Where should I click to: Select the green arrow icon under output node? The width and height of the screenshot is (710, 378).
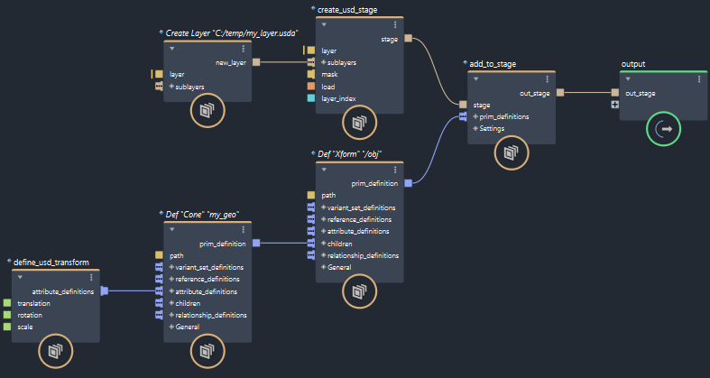(x=664, y=130)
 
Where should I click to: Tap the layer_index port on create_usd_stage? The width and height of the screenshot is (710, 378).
(x=339, y=98)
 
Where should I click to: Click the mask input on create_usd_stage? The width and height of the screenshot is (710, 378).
(x=329, y=75)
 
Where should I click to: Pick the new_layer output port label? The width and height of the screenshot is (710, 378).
(x=232, y=62)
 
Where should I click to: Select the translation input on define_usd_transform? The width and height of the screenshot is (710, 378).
(x=33, y=303)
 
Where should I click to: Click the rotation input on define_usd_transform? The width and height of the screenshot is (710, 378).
(x=30, y=315)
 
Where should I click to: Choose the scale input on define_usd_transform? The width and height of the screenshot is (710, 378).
(x=25, y=327)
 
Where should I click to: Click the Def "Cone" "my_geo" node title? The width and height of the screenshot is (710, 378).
(x=201, y=215)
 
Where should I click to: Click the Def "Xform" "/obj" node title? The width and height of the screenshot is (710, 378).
(x=351, y=154)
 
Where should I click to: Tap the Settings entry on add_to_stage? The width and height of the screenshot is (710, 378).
(x=493, y=128)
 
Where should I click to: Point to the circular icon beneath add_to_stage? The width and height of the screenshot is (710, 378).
(x=511, y=152)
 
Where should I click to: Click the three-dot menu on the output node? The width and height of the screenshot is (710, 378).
(x=698, y=78)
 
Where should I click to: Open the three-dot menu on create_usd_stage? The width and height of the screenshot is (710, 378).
(x=394, y=24)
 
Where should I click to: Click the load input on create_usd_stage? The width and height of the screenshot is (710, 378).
(x=328, y=87)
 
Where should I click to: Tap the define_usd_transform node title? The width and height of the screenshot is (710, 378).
(x=51, y=263)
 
